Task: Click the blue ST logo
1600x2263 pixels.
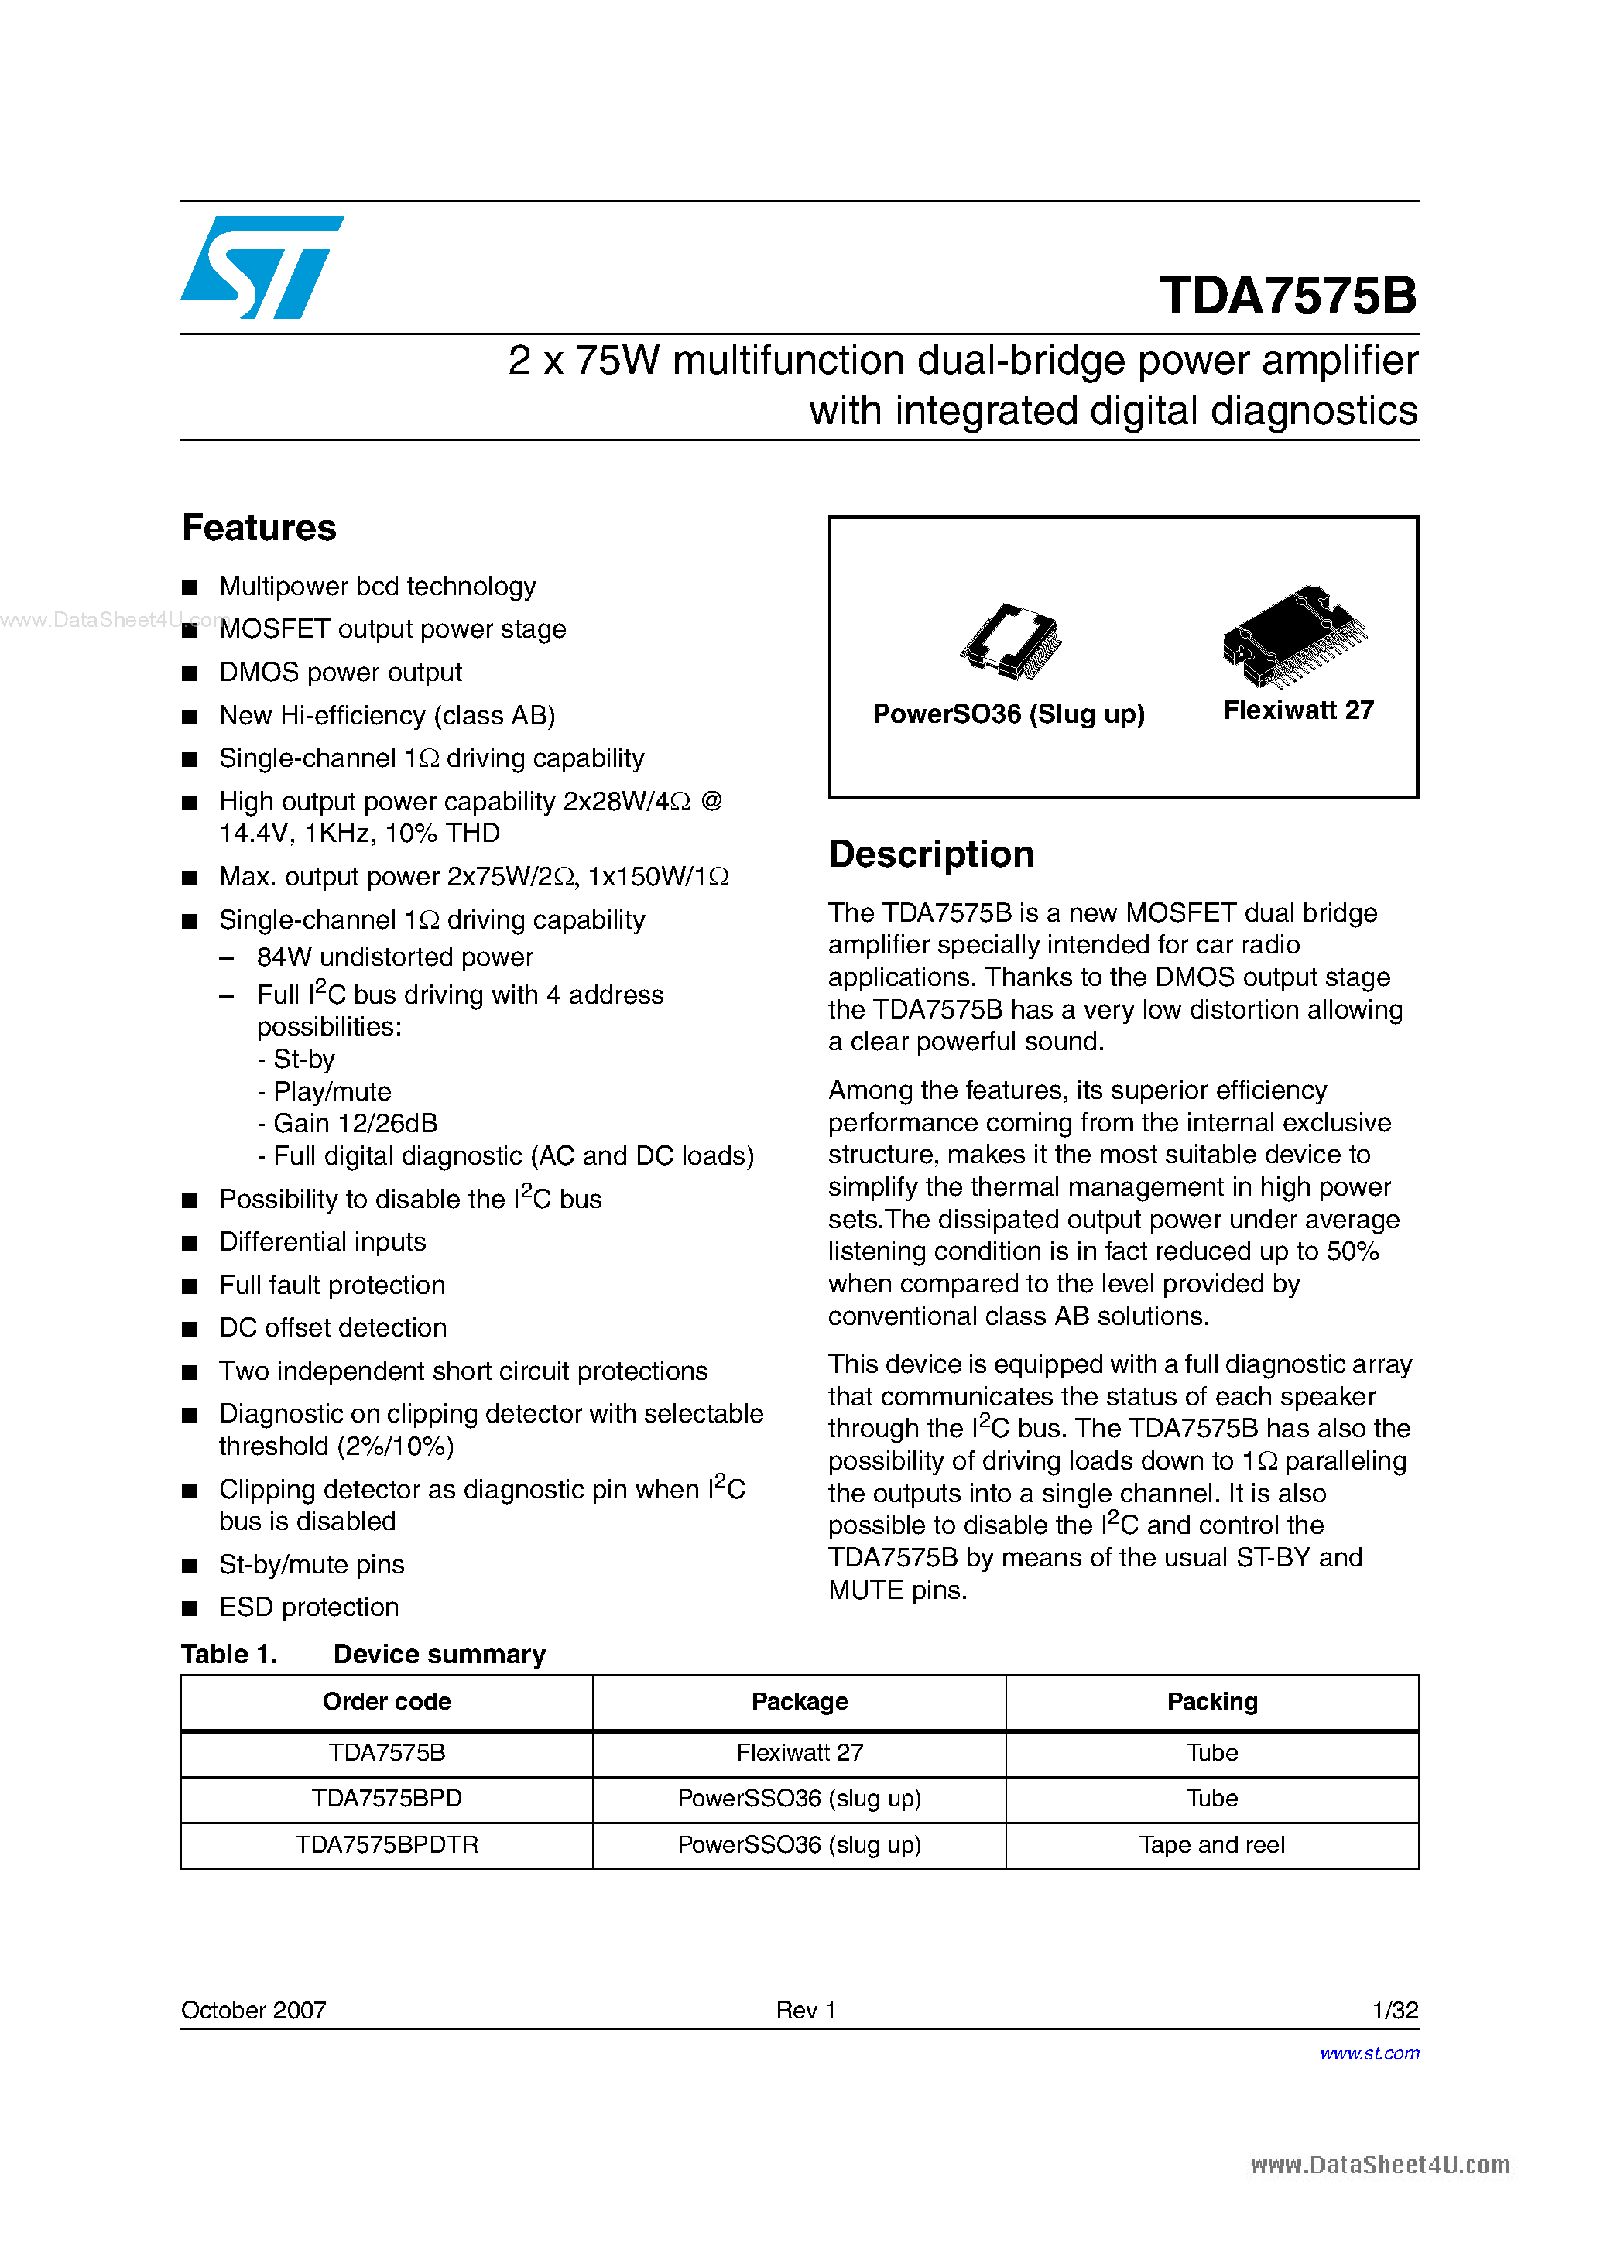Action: point(261,267)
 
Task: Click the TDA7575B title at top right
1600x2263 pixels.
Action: point(1287,296)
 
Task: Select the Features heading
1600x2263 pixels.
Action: point(259,529)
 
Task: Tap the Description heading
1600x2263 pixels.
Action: point(930,854)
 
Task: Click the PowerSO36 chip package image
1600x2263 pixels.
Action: point(1010,642)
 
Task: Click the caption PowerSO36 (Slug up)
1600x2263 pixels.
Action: point(1009,714)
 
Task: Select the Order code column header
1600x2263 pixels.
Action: point(386,1702)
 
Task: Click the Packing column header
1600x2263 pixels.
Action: point(1211,1702)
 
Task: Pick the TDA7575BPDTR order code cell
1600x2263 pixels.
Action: point(386,1845)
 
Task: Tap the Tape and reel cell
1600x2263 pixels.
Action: point(1211,1845)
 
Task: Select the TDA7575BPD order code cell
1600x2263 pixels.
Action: point(386,1799)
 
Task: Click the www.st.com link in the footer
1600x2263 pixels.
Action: point(1369,2053)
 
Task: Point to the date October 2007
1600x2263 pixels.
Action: point(253,2011)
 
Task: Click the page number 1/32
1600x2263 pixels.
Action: point(1394,2011)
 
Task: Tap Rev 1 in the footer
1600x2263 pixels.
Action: point(806,2011)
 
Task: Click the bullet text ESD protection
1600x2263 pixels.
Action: point(309,1607)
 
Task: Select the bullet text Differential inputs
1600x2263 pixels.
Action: point(322,1242)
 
